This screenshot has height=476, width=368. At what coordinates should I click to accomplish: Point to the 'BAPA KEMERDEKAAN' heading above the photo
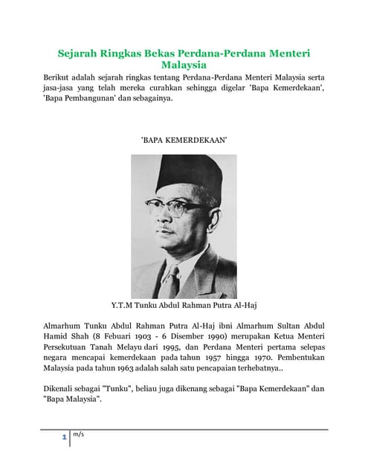tap(183, 139)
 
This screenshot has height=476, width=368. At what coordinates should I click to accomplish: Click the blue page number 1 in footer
tap(64, 438)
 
